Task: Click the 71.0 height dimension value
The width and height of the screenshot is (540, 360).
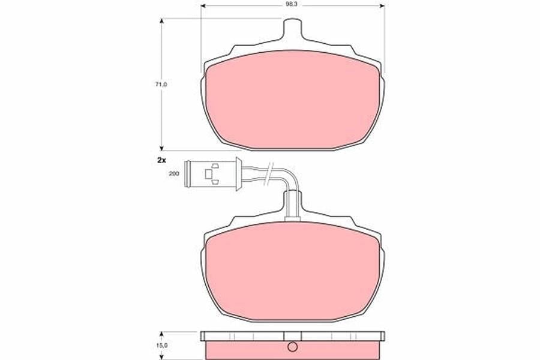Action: point(161,84)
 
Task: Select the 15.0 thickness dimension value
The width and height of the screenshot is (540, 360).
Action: point(161,345)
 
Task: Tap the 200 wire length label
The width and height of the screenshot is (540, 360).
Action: point(174,173)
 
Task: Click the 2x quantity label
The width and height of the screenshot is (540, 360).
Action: point(161,160)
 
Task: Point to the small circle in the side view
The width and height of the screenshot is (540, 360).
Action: point(292,347)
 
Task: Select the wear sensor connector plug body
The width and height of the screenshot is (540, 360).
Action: point(211,175)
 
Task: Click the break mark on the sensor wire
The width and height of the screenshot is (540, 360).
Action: point(268,174)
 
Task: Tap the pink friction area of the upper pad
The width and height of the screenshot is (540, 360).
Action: point(292,100)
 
